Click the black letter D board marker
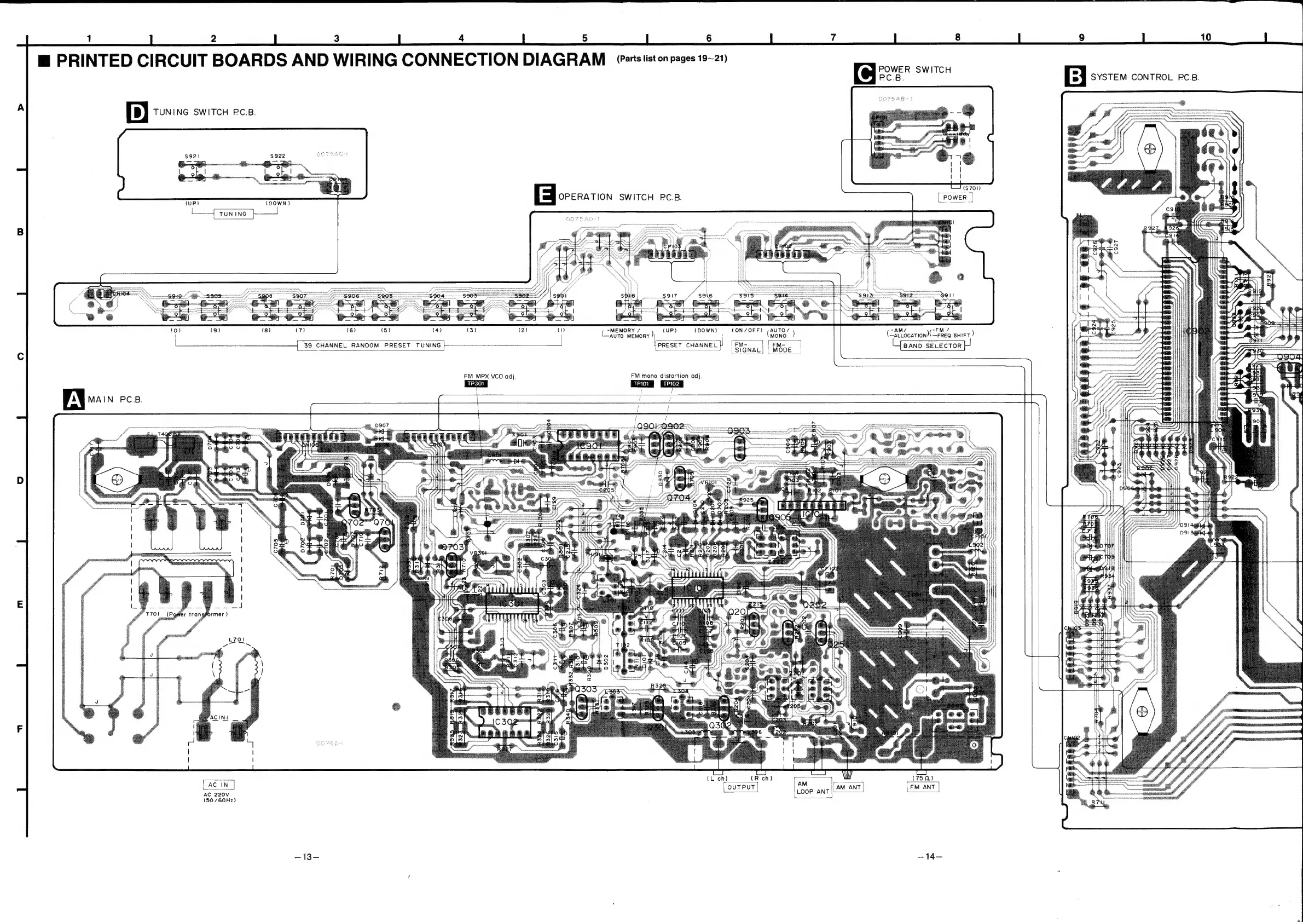(137, 112)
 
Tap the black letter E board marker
(545, 195)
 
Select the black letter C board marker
(864, 74)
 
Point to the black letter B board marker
(1075, 76)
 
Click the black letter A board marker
(74, 399)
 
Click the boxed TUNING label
(233, 214)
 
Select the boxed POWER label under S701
(954, 198)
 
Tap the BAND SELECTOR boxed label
(932, 345)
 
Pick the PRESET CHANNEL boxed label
(687, 344)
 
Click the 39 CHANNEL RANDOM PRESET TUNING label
(372, 345)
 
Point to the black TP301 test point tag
(476, 384)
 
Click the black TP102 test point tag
(671, 384)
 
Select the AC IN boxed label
(218, 785)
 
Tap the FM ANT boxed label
(922, 787)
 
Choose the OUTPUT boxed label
(741, 787)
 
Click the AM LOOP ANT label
(813, 787)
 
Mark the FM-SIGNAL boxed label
(747, 348)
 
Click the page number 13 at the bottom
(307, 857)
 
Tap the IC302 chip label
(505, 722)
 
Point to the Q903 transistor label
(738, 431)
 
